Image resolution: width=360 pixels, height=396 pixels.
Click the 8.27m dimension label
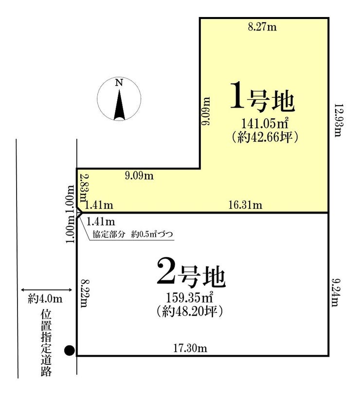tap(262, 27)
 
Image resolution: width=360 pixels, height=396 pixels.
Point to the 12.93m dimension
tap(339, 120)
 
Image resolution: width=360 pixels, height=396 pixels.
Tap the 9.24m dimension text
tap(336, 293)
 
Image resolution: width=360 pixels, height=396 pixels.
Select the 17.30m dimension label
tap(190, 348)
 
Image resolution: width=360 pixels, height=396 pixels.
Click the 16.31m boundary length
tap(245, 205)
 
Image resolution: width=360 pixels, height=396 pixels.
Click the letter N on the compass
tap(119, 83)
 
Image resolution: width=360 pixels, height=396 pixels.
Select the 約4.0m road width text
tap(45, 299)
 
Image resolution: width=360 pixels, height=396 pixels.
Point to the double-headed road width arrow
tap(47, 289)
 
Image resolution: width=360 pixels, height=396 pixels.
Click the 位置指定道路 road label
tap(46, 343)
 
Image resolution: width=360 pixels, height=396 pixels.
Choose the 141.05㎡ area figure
tap(265, 124)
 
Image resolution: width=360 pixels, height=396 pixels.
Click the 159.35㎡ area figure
tap(189, 298)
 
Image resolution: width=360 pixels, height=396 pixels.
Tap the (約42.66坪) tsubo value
tap(265, 137)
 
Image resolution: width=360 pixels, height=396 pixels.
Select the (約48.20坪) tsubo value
tap(189, 311)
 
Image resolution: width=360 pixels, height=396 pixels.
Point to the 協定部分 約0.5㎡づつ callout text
tap(133, 234)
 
